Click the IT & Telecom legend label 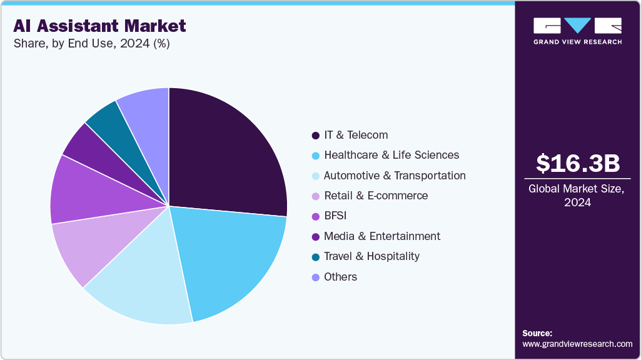click(355, 135)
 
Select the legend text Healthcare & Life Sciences click(391, 155)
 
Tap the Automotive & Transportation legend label click(394, 176)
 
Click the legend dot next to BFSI click(315, 216)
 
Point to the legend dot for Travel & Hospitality click(315, 257)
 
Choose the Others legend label click(340, 277)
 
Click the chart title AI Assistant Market click(99, 26)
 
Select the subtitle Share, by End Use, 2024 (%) click(91, 44)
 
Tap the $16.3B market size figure click(578, 163)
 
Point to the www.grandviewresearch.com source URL click(577, 344)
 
